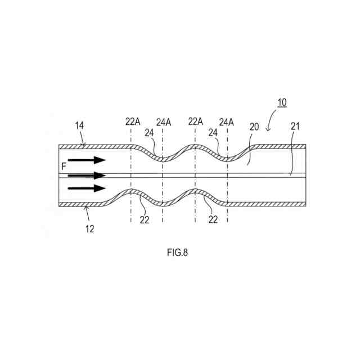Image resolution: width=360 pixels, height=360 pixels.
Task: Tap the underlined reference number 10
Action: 281,102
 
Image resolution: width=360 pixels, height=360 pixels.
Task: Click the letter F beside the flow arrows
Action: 64,166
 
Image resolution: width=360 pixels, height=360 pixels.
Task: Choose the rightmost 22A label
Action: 196,121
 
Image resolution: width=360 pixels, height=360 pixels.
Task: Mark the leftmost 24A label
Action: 164,121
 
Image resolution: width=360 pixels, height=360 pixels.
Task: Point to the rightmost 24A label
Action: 227,121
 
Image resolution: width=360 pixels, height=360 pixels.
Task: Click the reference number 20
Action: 254,127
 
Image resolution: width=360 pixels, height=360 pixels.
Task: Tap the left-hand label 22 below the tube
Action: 145,220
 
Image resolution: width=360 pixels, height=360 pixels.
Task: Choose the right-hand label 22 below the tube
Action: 213,220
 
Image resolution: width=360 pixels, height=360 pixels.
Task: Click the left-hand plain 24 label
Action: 149,133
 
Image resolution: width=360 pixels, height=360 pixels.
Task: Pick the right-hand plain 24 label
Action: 213,133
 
